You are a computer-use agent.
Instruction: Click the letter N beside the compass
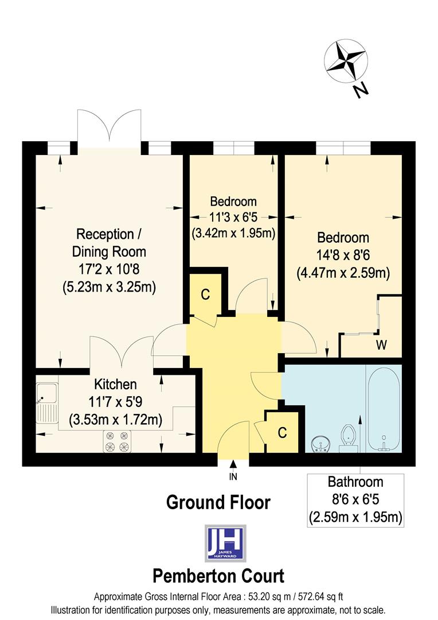point(360,90)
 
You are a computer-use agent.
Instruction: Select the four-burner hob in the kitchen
point(116,441)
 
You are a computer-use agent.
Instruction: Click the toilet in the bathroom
point(348,437)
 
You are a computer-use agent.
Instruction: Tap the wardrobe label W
point(381,345)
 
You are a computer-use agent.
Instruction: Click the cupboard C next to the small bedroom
point(205,294)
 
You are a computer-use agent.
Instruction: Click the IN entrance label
point(233,476)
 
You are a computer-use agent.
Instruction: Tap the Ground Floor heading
point(218,502)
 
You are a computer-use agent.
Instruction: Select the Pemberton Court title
point(218,575)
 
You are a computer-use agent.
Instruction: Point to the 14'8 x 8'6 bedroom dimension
point(343,255)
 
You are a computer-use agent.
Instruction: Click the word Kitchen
point(115,384)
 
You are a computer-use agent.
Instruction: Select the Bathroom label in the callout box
point(355,482)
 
